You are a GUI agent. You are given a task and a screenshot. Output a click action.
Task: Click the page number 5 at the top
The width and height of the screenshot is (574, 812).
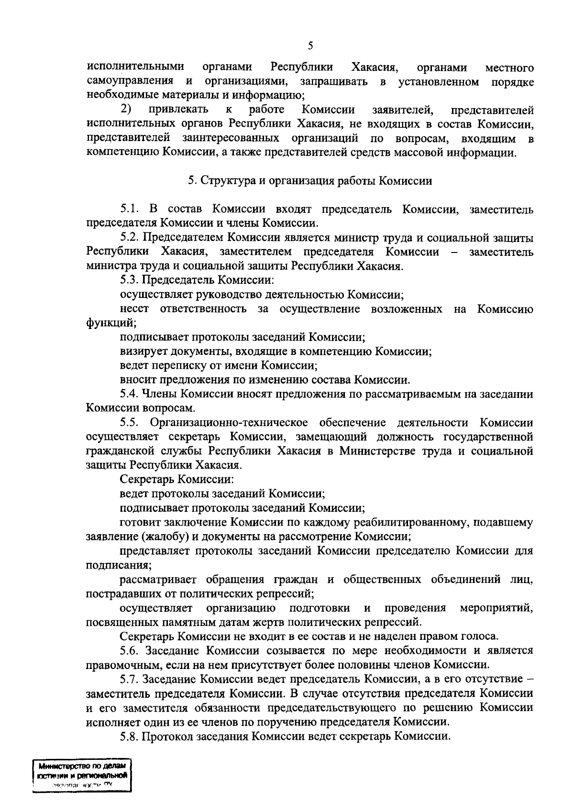click(310, 46)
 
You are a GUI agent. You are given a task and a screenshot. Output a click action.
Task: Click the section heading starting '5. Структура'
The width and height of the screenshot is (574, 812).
click(310, 181)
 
